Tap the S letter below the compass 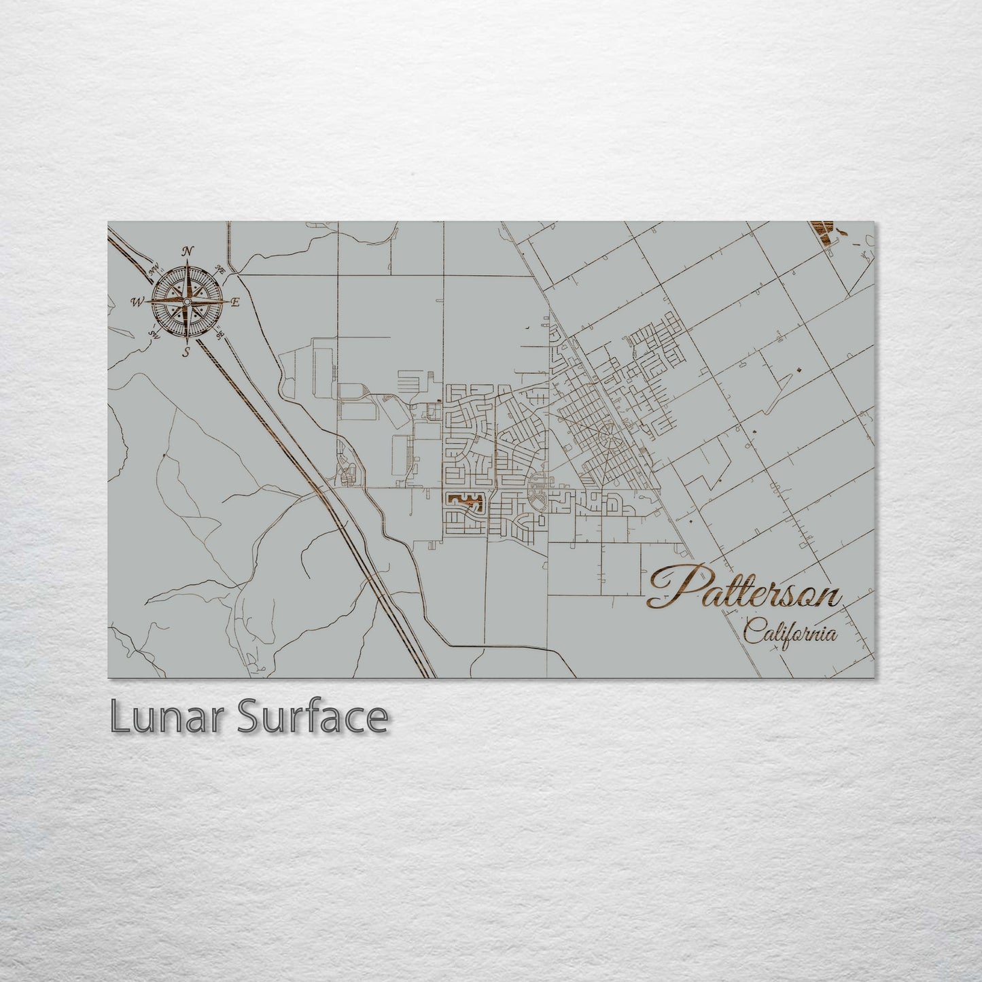pos(186,351)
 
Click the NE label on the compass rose pos(220,269)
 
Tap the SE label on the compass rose pos(220,334)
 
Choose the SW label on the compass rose pos(154,334)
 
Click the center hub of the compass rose pos(187,301)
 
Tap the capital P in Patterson pos(676,586)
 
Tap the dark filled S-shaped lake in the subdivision pos(464,502)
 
